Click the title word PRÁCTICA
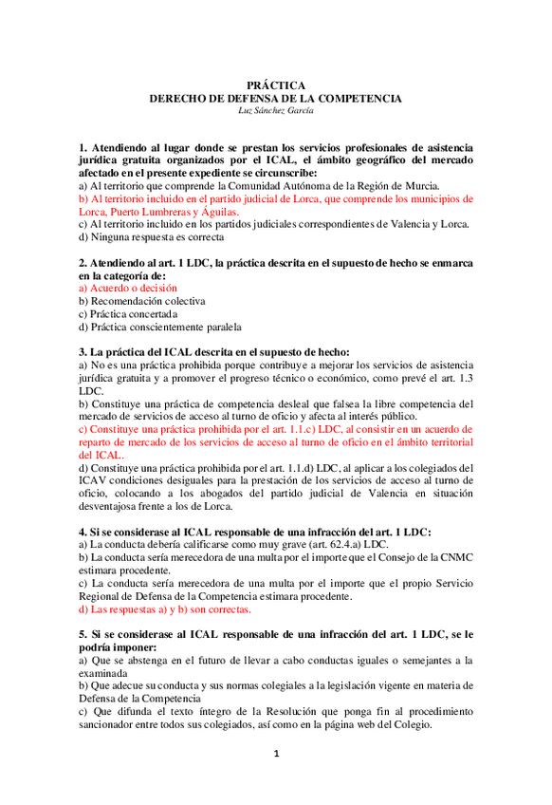pos(275,84)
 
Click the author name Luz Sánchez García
pos(275,110)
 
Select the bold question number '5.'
pos(83,633)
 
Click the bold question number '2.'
pos(83,261)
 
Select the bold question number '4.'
pos(83,532)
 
